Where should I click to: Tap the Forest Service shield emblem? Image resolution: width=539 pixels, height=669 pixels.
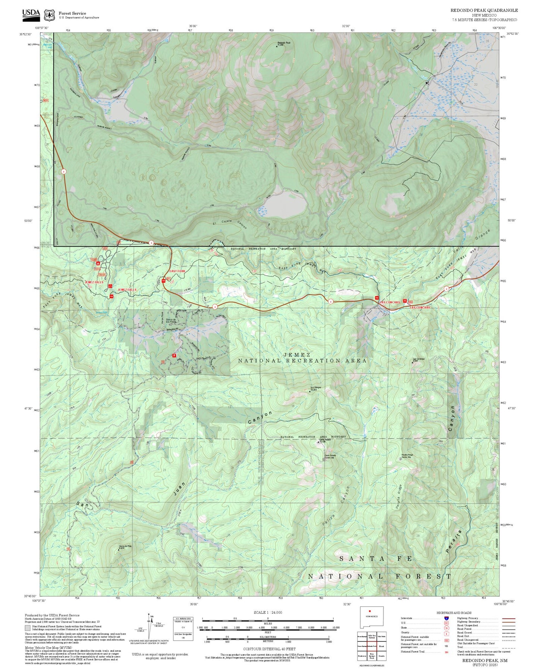[x=49, y=15]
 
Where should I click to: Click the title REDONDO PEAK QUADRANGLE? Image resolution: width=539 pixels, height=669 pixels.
[x=484, y=10]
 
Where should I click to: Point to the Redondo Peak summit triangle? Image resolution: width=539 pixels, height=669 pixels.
[x=277, y=46]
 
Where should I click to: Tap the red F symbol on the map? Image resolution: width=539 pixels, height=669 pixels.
[x=174, y=355]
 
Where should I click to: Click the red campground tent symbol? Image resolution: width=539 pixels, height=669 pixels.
[x=98, y=263]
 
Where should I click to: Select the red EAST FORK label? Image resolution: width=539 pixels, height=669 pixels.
[x=177, y=271]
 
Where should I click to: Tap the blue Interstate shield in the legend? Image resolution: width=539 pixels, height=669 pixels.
[x=446, y=618]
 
